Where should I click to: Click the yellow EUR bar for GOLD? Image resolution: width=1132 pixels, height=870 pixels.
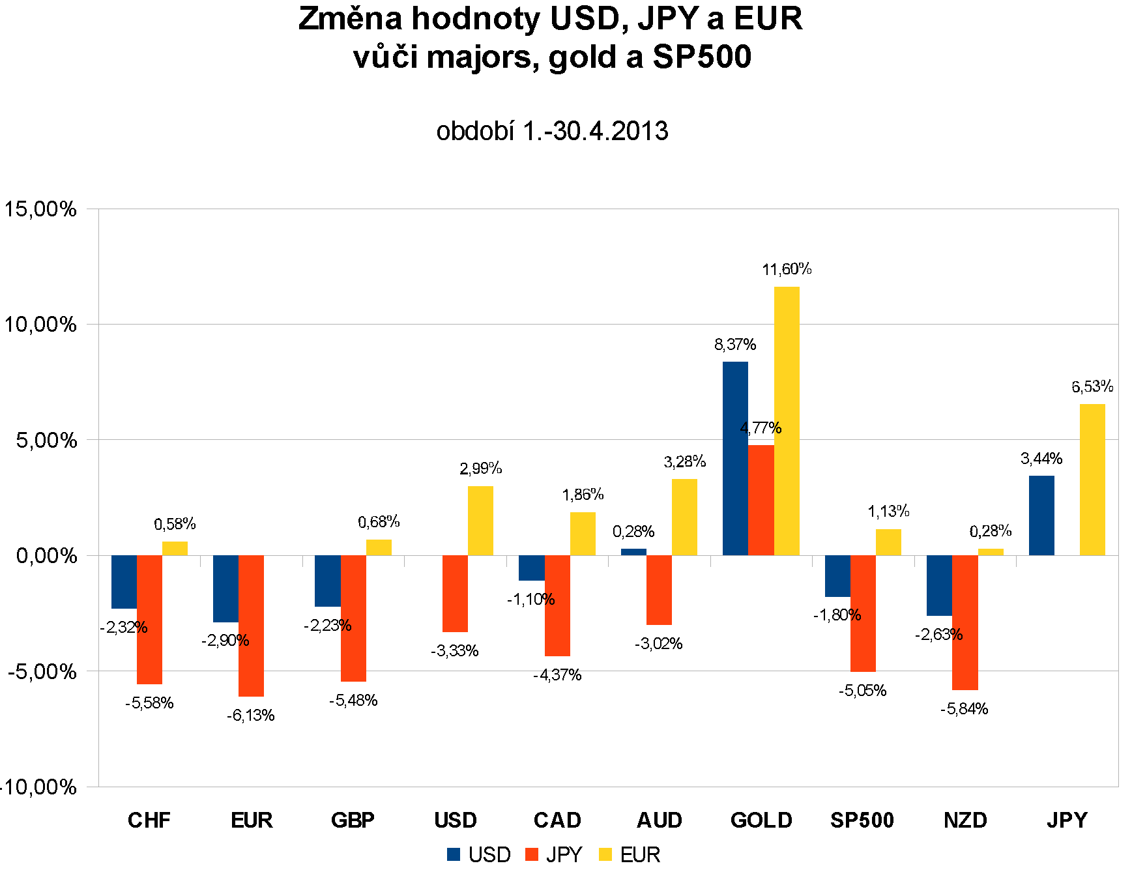click(787, 421)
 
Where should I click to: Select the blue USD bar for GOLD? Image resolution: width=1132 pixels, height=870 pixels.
click(735, 458)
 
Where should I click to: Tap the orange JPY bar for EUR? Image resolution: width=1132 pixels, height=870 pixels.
click(251, 626)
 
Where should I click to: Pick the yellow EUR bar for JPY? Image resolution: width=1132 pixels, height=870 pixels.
click(1092, 480)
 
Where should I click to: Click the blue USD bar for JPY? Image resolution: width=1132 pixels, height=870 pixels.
click(1041, 515)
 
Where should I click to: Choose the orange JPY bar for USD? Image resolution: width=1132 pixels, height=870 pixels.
click(455, 594)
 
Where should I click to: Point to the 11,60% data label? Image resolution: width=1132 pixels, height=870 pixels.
click(787, 269)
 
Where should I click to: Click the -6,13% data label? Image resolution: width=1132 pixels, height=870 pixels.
click(251, 716)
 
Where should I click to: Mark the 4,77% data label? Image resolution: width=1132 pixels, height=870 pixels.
click(761, 428)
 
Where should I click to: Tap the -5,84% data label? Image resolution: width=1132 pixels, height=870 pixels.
click(965, 709)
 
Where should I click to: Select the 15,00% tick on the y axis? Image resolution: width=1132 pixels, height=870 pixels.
click(40, 209)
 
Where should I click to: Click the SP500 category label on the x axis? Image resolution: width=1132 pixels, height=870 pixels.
click(862, 820)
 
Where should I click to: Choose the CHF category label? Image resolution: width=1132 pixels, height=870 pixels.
click(149, 820)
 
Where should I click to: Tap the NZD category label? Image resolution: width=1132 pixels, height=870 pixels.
click(965, 820)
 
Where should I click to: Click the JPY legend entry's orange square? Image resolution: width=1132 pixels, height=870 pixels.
click(532, 854)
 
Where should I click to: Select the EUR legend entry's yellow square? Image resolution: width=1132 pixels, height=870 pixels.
click(606, 854)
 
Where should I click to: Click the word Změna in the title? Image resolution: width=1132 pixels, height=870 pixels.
click(351, 19)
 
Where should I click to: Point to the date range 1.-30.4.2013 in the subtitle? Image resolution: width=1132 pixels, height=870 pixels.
click(596, 131)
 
